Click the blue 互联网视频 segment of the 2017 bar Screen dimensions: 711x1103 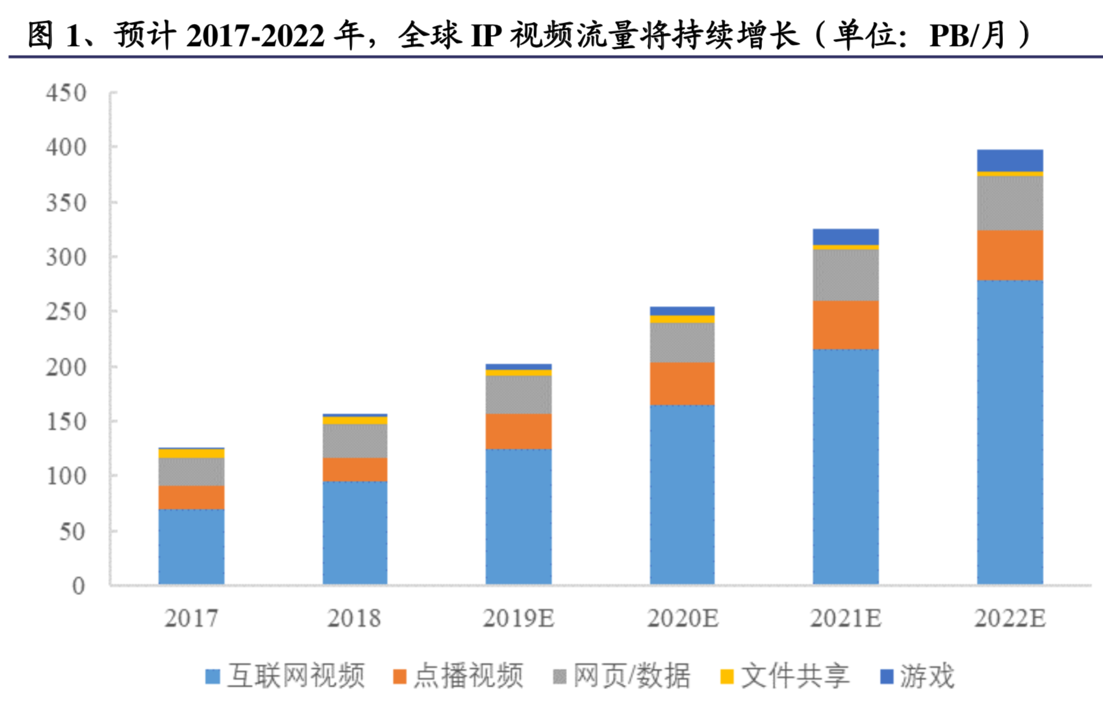coord(192,547)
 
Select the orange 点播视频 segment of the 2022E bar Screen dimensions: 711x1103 coord(1009,255)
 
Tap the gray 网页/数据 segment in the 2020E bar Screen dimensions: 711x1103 coord(682,343)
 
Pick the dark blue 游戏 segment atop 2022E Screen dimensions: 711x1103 coord(1009,161)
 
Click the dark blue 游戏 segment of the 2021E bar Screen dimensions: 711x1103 coord(846,237)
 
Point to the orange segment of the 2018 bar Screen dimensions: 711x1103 coord(355,469)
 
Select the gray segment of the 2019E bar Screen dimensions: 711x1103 coord(518,394)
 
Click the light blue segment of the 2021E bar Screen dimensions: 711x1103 coord(846,467)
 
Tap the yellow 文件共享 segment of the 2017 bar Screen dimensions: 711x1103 coord(192,454)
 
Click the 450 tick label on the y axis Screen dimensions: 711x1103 coord(66,93)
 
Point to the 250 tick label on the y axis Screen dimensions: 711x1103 coord(66,311)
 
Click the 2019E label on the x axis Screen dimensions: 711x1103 coord(518,618)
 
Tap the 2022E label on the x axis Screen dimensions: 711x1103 coord(1010,618)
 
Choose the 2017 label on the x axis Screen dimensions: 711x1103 coord(191,618)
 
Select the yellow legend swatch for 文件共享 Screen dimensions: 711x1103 coord(727,677)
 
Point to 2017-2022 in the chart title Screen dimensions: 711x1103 coord(255,36)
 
